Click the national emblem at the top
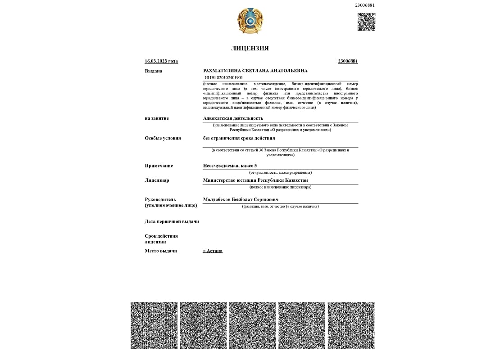pyautogui.click(x=250, y=21)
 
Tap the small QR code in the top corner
pyautogui.click(x=366, y=22)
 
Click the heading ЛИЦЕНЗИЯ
pyautogui.click(x=250, y=48)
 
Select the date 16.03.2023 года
pyautogui.click(x=161, y=61)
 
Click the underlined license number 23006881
pyautogui.click(x=348, y=61)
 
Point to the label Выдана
pyautogui.click(x=154, y=71)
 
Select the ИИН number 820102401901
pyautogui.click(x=230, y=77)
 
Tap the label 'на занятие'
pyautogui.click(x=157, y=118)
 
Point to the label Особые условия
pyautogui.click(x=163, y=138)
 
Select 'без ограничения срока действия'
pyautogui.click(x=239, y=138)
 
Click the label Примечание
pyautogui.click(x=159, y=166)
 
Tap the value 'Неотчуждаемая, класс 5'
pyautogui.click(x=230, y=166)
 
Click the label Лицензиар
pyautogui.click(x=157, y=180)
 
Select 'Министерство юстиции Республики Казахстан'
pyautogui.click(x=255, y=180)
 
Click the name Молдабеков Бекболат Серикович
pyautogui.click(x=241, y=200)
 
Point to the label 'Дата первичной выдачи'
pyautogui.click(x=172, y=221)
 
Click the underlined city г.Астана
pyautogui.click(x=213, y=251)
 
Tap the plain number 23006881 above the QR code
pyautogui.click(x=365, y=5)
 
